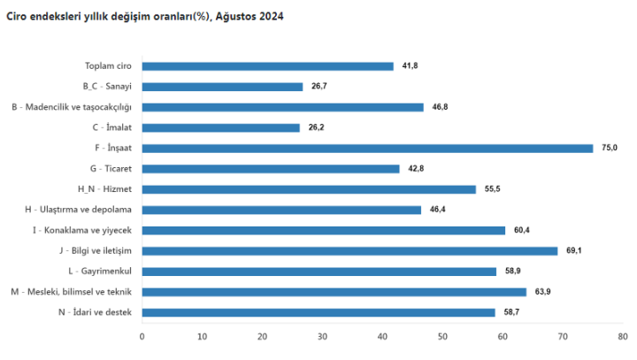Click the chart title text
click(x=145, y=17)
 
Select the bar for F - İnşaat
click(x=367, y=148)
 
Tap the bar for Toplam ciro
click(x=267, y=65)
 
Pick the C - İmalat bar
click(x=220, y=127)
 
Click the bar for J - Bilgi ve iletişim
click(x=349, y=250)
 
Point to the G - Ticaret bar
click(x=270, y=168)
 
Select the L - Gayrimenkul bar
click(x=318, y=272)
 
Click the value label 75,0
click(x=609, y=148)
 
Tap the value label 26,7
click(x=319, y=87)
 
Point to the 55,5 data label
click(x=493, y=189)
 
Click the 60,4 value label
click(x=522, y=230)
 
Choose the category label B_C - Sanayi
click(x=106, y=87)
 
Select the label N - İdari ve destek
click(x=95, y=312)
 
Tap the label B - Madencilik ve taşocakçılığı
click(x=71, y=107)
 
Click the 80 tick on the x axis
click(x=623, y=336)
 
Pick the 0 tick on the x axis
click(x=142, y=336)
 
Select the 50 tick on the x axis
click(x=442, y=336)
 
